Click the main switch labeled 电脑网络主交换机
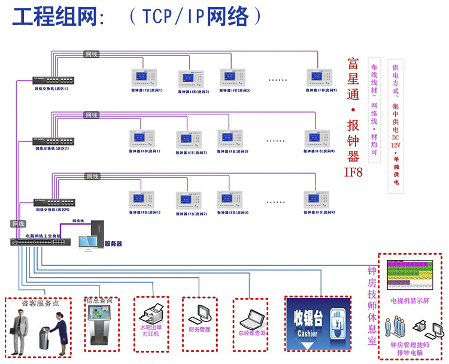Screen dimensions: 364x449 (x=40, y=242)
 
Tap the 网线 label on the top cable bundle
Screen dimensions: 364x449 (x=91, y=54)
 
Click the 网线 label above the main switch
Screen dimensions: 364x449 (x=19, y=223)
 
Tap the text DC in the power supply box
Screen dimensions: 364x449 (x=396, y=136)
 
